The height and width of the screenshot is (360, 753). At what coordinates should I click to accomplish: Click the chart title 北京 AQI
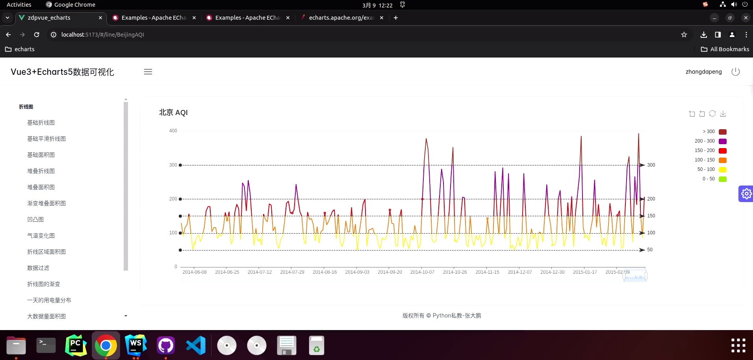(173, 113)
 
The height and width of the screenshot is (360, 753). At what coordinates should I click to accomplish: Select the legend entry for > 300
(722, 132)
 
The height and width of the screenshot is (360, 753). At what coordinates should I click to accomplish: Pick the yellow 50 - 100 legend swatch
(722, 170)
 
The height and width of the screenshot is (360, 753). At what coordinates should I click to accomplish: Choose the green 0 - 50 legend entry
(722, 179)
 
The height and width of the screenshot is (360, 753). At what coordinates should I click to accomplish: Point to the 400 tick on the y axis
(173, 131)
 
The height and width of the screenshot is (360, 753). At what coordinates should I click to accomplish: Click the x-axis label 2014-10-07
(422, 272)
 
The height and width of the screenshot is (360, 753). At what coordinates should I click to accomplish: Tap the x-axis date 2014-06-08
(194, 272)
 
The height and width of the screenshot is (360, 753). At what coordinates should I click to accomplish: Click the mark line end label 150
(651, 216)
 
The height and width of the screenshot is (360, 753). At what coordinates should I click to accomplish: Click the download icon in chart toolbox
(723, 114)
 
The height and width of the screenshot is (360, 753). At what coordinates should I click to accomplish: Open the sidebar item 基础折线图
(41, 123)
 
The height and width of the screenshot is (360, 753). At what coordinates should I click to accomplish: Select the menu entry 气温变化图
(41, 236)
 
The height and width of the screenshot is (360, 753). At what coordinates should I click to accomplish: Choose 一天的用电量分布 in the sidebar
(49, 301)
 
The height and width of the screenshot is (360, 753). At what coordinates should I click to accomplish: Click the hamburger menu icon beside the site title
(148, 72)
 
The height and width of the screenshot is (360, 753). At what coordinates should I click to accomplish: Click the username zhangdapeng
(703, 72)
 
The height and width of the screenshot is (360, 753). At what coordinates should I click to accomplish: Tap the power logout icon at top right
(735, 72)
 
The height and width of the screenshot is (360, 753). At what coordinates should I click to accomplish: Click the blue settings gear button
(746, 194)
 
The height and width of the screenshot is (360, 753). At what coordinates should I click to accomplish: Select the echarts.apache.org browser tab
(341, 18)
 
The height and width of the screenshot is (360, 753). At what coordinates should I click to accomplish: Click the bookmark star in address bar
(684, 35)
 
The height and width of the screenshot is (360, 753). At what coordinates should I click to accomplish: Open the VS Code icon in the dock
(196, 345)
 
